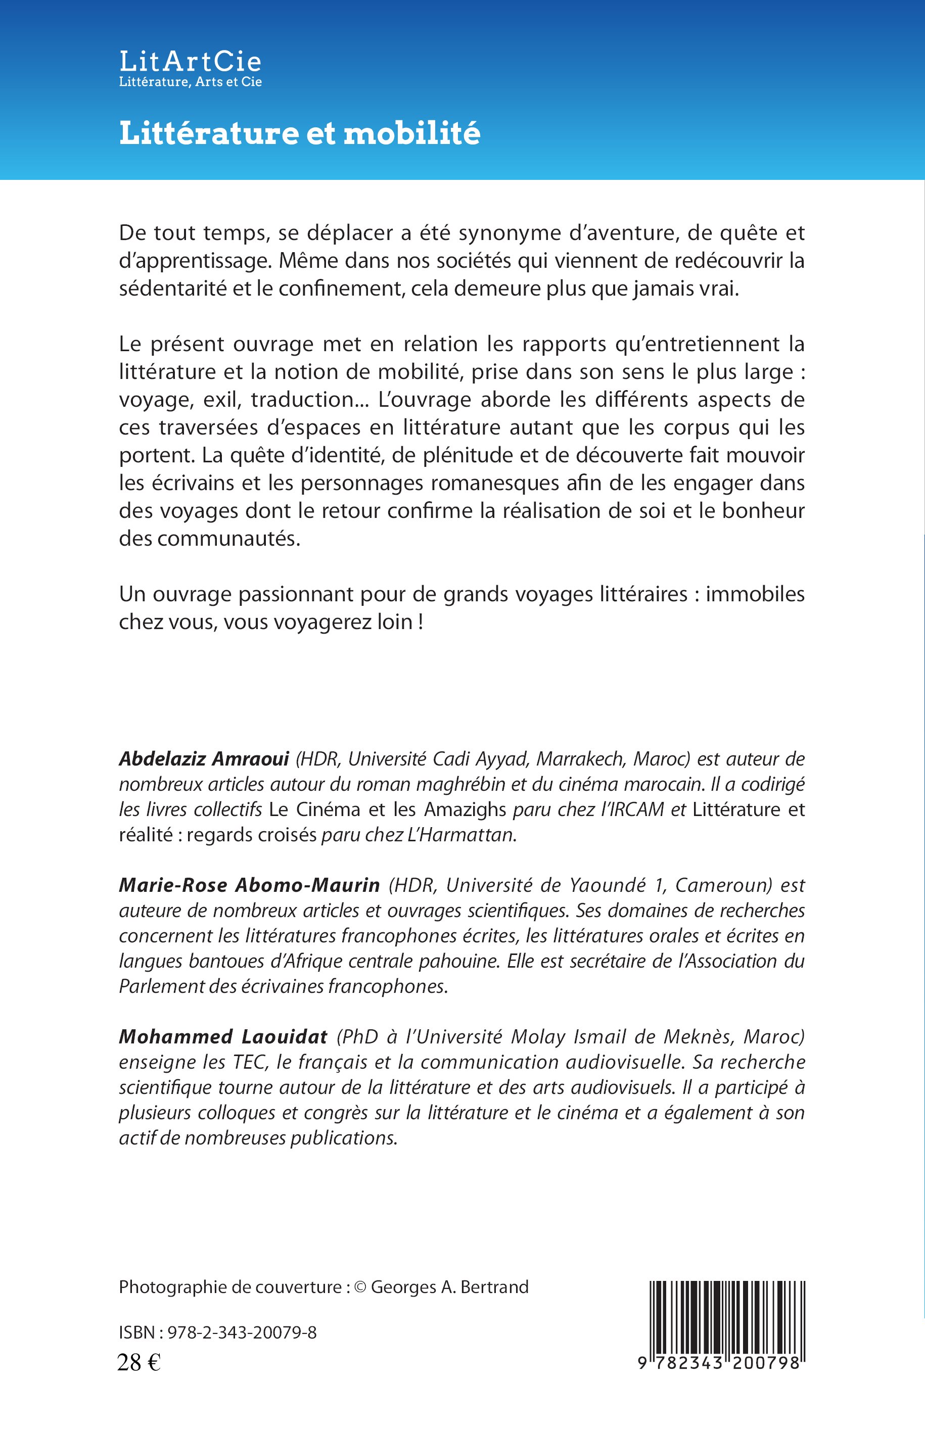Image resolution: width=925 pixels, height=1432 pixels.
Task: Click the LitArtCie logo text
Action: coord(190,61)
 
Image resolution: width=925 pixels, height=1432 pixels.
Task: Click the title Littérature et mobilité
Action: coord(300,133)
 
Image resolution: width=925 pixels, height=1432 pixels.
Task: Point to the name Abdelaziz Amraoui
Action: coord(204,759)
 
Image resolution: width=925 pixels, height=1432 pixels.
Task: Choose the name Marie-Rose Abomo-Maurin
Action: coord(249,885)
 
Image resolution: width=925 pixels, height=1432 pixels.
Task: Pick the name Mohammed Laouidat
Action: coord(223,1036)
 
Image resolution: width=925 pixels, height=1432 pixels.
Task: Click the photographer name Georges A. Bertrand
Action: coord(450,1287)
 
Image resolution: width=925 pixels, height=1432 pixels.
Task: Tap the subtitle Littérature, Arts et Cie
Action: coord(191,82)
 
